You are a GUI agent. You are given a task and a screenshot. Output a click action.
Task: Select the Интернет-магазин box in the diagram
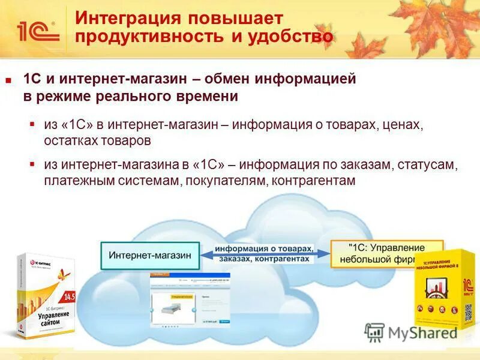(150, 254)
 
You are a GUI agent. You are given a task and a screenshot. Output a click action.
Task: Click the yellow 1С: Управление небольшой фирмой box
(386, 253)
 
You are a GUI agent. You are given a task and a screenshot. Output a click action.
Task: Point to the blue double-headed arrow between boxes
(264, 254)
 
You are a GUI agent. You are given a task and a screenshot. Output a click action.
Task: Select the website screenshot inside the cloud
(190, 298)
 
